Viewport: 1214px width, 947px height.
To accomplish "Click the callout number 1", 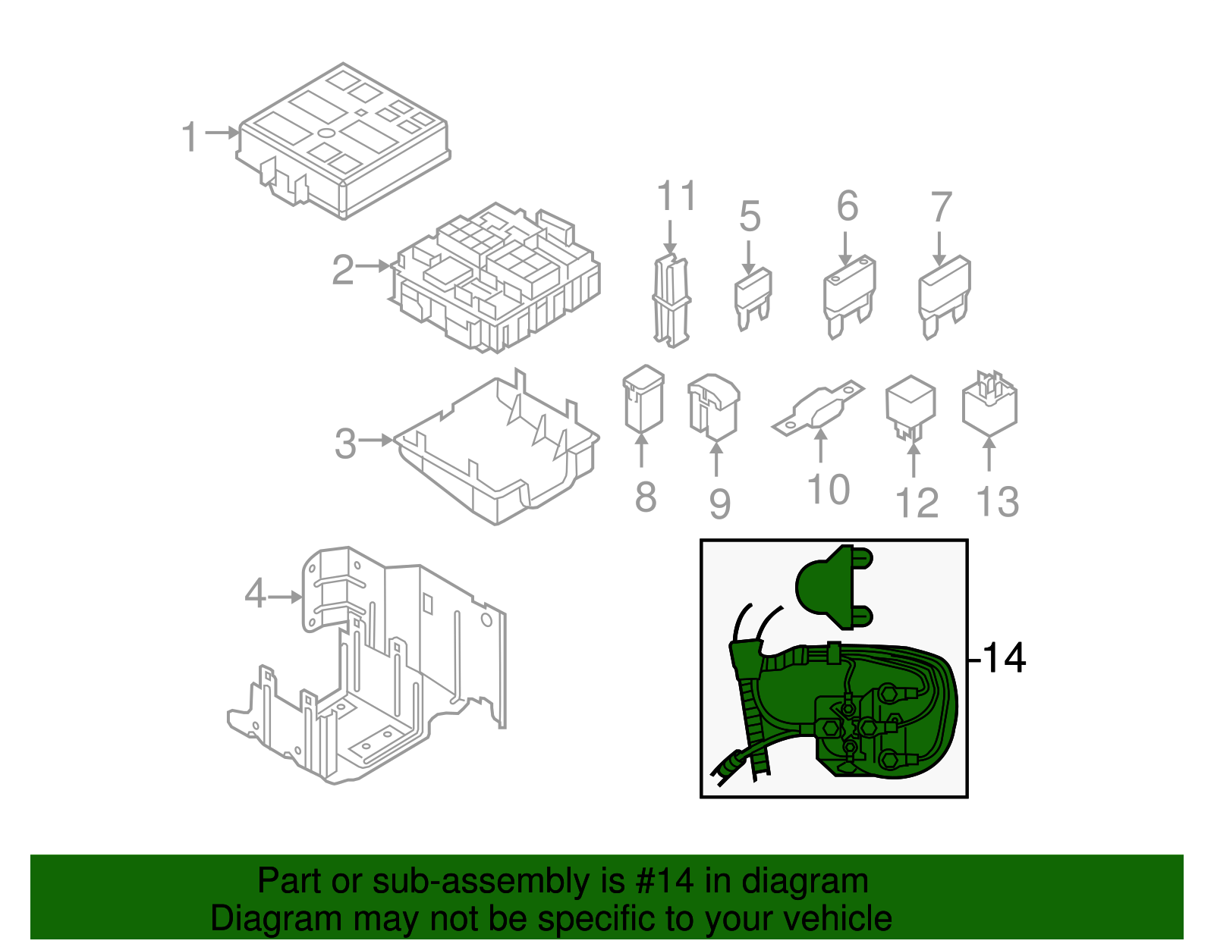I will coord(190,137).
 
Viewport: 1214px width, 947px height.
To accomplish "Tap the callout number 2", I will coord(343,270).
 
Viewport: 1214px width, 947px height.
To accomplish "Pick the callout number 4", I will coord(255,594).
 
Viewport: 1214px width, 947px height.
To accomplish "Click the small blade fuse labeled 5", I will coord(752,299).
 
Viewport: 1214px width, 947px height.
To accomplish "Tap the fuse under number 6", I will coord(849,296).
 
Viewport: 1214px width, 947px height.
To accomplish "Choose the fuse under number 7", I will coord(944,296).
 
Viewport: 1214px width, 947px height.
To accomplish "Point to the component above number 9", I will coord(713,406).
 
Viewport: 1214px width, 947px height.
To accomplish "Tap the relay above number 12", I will coord(910,406).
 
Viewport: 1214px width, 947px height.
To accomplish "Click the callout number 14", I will coord(1003,658).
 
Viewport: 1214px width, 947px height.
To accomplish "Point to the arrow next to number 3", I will coord(376,440).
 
